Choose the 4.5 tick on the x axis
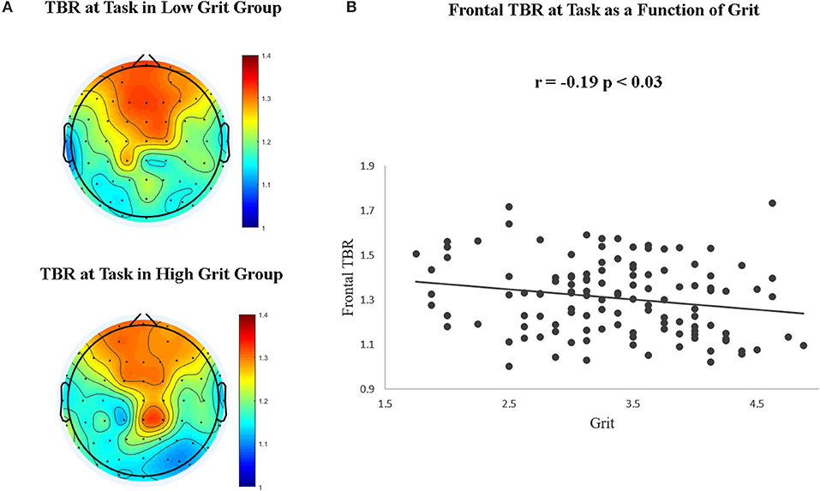(x=756, y=402)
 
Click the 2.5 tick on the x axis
(x=509, y=402)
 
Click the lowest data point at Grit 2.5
(x=509, y=367)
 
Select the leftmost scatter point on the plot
(x=416, y=254)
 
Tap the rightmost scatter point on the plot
(x=804, y=345)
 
